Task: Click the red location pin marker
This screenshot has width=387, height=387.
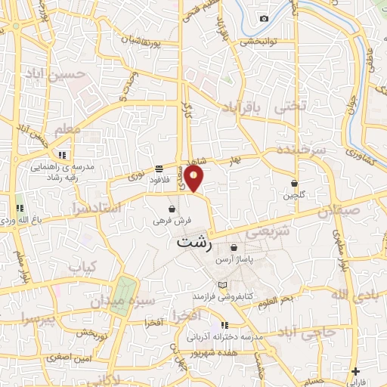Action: tap(194, 178)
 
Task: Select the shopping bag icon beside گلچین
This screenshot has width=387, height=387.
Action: tap(293, 183)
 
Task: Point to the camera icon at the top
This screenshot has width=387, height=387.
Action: tap(264, 18)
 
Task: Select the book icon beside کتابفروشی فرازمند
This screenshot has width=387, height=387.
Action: tap(221, 284)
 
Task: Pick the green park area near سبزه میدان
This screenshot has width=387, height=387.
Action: tap(124, 294)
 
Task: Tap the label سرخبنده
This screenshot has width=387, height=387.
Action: tap(301, 152)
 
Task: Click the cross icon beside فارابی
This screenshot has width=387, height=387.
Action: tap(355, 371)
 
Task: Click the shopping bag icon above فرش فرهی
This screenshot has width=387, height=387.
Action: tap(173, 209)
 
